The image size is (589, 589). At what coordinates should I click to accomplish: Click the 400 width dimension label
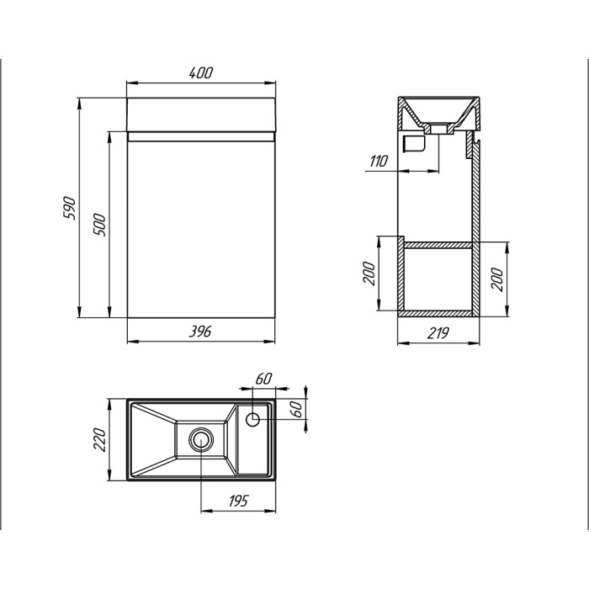[x=200, y=72]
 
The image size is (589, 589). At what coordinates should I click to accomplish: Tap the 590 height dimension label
[x=70, y=208]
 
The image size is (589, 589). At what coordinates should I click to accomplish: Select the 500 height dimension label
[x=99, y=225]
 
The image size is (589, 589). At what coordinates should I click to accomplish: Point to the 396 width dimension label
[x=200, y=332]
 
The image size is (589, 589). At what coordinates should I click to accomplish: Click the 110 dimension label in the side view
[x=378, y=162]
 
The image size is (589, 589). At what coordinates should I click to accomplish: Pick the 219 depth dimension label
[x=438, y=333]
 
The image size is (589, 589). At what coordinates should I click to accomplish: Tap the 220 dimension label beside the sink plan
[x=99, y=439]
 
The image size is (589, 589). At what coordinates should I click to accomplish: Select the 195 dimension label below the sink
[x=238, y=501]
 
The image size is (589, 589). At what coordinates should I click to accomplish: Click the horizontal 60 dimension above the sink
[x=263, y=379]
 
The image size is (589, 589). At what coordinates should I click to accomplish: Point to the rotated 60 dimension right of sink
[x=296, y=409]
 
